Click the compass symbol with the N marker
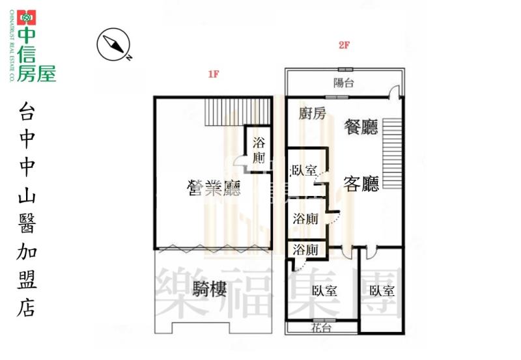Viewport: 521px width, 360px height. [113, 45]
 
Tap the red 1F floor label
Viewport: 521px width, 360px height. [213, 74]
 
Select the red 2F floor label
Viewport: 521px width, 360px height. [345, 46]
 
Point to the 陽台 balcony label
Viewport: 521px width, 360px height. [345, 83]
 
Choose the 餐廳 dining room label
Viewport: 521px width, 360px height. [361, 126]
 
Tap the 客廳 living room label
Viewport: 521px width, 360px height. [361, 184]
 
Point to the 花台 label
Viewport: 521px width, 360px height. [322, 328]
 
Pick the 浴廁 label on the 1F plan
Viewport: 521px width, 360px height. [259, 150]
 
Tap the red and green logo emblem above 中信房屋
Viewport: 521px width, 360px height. [27, 18]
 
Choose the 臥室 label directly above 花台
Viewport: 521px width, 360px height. [324, 291]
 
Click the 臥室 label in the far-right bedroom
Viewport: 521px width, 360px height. [381, 291]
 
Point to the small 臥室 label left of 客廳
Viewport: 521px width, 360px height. [304, 171]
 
